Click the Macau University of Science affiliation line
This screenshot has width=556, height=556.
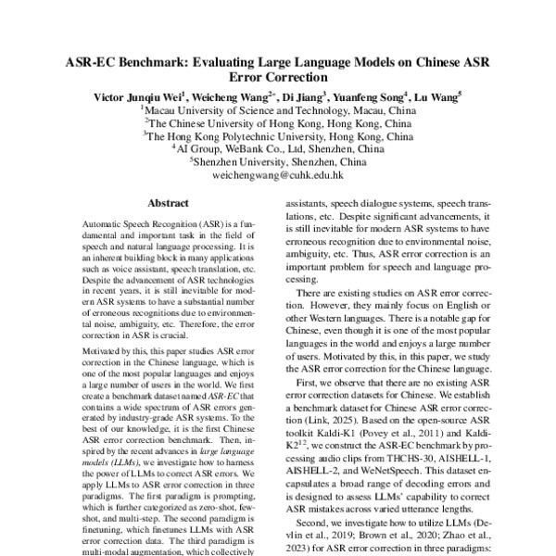[278, 109]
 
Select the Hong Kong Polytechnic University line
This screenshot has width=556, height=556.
[278, 135]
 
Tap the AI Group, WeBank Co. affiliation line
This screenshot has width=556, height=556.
[278, 148]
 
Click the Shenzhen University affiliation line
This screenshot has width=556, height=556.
[278, 161]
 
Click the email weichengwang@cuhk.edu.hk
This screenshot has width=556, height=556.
[278, 174]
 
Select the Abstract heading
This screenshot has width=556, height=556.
[169, 203]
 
